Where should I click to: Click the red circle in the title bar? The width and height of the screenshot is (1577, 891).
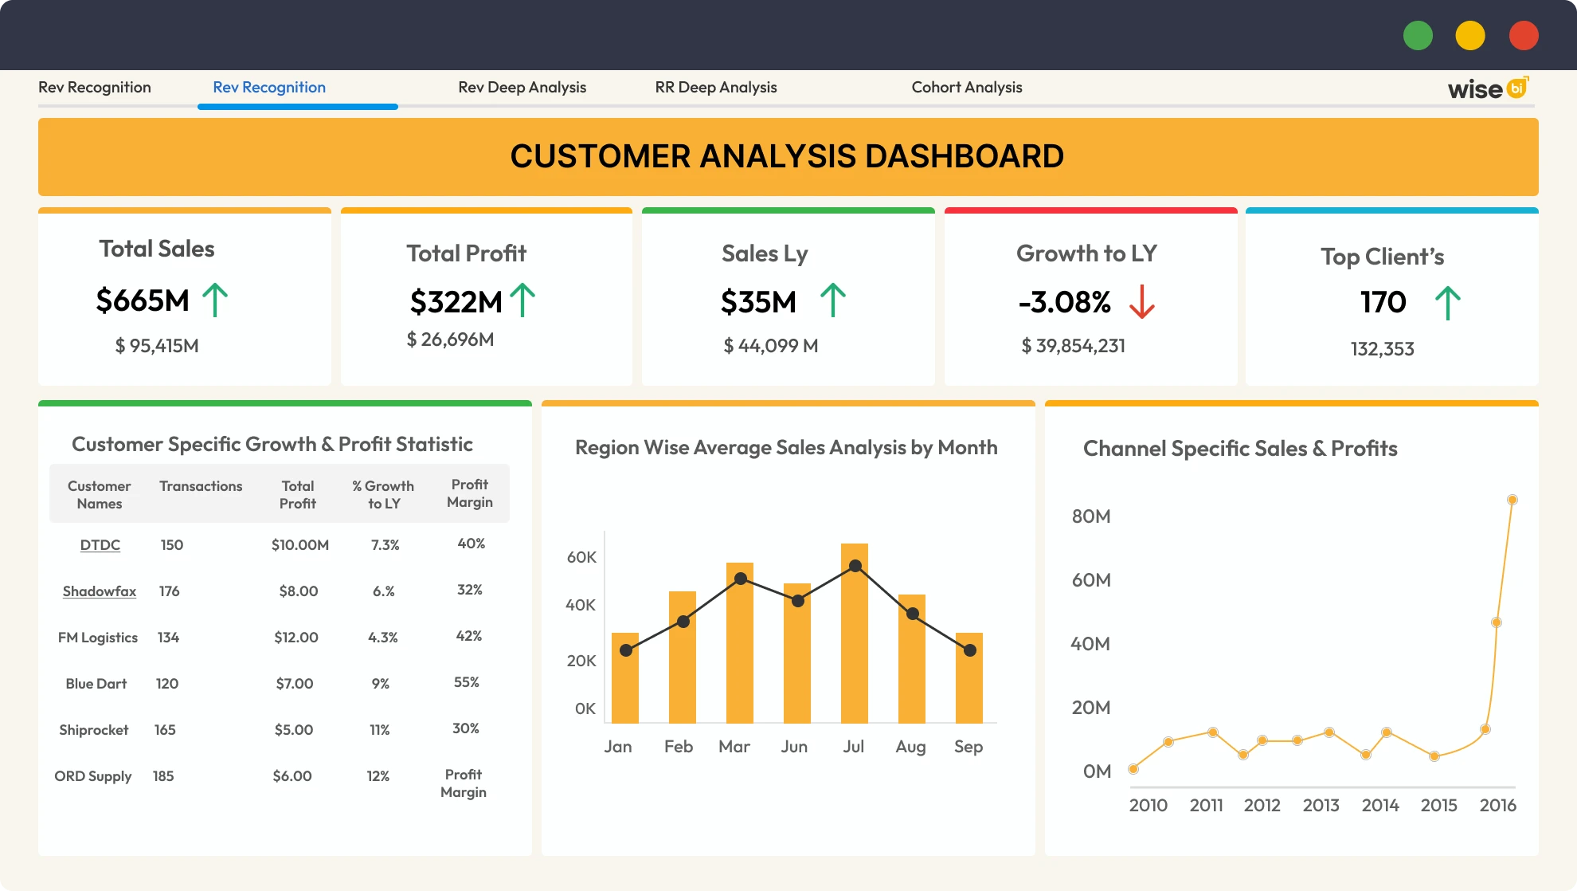pyautogui.click(x=1523, y=36)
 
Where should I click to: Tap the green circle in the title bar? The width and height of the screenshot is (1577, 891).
pyautogui.click(x=1418, y=36)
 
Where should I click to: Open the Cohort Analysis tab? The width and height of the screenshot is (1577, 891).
pyautogui.click(x=966, y=88)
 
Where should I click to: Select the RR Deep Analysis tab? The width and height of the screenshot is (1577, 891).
pyautogui.click(x=715, y=88)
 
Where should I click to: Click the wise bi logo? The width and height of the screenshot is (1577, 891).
pyautogui.click(x=1487, y=88)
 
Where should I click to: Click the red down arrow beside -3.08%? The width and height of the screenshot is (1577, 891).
pyautogui.click(x=1141, y=302)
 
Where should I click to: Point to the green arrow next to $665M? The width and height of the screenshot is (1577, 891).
pyautogui.click(x=215, y=300)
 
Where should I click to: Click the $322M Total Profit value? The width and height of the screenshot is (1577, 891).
pyautogui.click(x=456, y=302)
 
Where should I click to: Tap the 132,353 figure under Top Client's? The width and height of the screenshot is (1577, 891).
pyautogui.click(x=1382, y=349)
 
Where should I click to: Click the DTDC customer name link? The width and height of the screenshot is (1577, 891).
pyautogui.click(x=100, y=545)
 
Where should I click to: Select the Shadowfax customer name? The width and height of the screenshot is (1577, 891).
pyautogui.click(x=100, y=591)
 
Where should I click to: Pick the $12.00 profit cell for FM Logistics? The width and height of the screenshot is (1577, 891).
pyautogui.click(x=296, y=638)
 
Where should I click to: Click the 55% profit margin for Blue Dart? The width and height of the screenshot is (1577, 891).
pyautogui.click(x=467, y=682)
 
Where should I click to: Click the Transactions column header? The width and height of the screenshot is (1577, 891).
pyautogui.click(x=201, y=486)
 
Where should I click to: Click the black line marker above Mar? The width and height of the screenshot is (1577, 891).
pyautogui.click(x=741, y=579)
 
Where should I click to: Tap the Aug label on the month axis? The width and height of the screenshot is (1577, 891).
pyautogui.click(x=910, y=747)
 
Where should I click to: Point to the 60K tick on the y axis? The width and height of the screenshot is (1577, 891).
pyautogui.click(x=581, y=557)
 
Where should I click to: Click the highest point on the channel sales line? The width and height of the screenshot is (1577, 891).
pyautogui.click(x=1512, y=500)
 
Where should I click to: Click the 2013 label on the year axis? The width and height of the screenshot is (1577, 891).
pyautogui.click(x=1321, y=806)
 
